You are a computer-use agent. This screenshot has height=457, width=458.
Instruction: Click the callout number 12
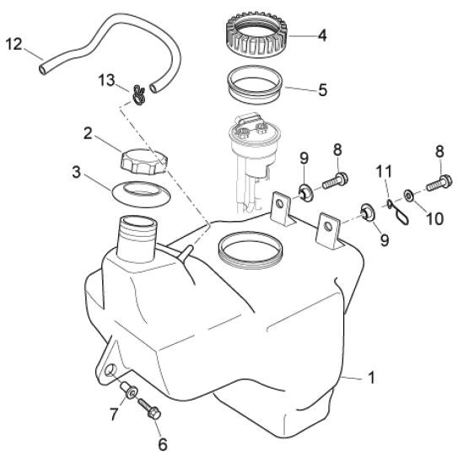[13, 45]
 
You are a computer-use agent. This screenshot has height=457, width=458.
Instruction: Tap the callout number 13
[106, 80]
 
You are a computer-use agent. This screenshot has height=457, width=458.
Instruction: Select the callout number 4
[322, 35]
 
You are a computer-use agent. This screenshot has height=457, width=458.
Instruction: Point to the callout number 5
[322, 90]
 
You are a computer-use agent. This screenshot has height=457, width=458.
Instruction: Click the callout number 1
[371, 378]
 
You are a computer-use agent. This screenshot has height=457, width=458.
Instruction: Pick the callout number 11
[384, 172]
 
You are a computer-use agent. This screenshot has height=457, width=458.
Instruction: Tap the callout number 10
[435, 218]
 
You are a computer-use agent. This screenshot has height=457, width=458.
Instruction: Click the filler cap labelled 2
[143, 162]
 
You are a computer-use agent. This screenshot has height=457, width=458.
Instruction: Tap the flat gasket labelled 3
[141, 195]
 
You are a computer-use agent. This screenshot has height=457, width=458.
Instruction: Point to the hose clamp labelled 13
[137, 95]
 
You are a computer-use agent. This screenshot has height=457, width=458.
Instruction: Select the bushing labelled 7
[128, 390]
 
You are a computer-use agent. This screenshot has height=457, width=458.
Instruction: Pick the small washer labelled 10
[407, 195]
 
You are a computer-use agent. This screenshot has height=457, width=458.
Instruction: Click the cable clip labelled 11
[398, 212]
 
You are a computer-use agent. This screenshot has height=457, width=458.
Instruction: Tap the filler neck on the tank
[137, 238]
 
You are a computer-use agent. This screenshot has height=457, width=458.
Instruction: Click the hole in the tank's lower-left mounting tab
[110, 370]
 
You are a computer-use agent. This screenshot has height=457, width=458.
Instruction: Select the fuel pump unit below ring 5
[254, 159]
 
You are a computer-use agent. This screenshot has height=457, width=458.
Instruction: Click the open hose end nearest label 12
[43, 70]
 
